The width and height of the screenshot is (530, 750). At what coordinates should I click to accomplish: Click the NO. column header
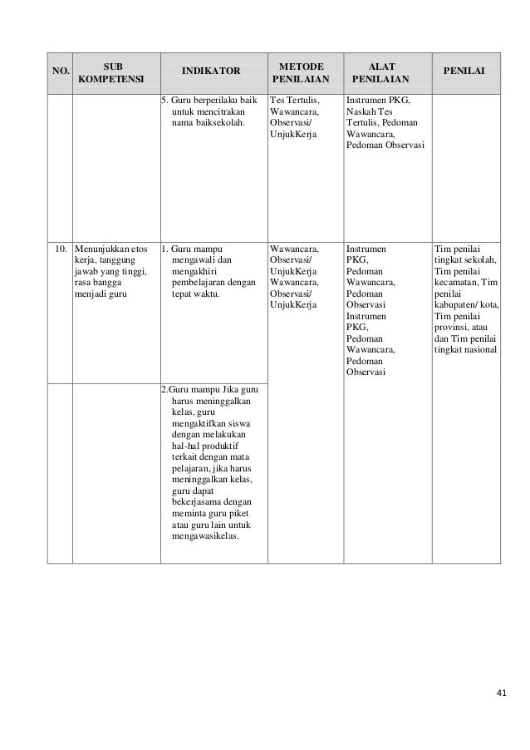(x=58, y=72)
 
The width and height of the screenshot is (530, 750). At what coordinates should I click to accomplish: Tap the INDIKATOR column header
(x=210, y=72)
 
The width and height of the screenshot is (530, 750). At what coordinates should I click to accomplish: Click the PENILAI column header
(x=467, y=72)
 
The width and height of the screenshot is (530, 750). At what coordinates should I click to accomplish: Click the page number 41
(x=499, y=692)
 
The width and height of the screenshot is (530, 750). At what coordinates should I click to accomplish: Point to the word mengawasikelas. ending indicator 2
(x=205, y=536)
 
